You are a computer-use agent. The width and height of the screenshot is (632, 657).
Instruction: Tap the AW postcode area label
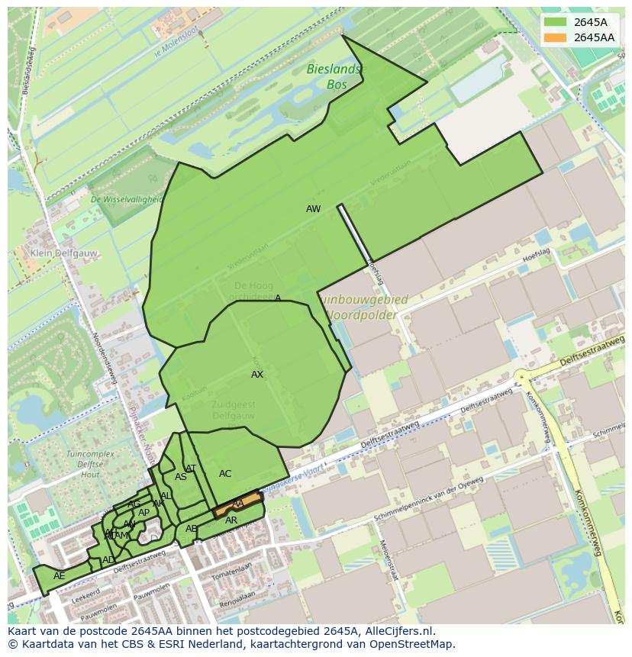(x=313, y=209)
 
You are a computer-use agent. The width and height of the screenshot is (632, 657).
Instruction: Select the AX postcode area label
(x=257, y=375)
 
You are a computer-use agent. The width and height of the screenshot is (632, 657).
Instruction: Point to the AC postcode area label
(x=225, y=474)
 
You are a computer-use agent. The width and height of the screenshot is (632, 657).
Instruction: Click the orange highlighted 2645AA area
(x=237, y=504)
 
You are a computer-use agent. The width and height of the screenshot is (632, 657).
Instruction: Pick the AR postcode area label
(x=231, y=520)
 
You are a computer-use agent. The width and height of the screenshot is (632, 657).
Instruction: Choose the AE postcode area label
(x=59, y=576)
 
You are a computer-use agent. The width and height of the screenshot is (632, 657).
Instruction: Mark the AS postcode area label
(x=181, y=478)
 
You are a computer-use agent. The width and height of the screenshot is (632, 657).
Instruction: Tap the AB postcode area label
(x=192, y=529)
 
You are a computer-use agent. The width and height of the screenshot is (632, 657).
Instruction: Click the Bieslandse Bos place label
(x=336, y=77)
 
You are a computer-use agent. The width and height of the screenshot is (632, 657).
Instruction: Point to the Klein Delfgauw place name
(x=56, y=253)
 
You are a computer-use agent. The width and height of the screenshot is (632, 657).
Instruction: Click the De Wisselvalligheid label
(x=126, y=199)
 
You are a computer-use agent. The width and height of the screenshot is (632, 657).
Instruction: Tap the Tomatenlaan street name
(x=231, y=569)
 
